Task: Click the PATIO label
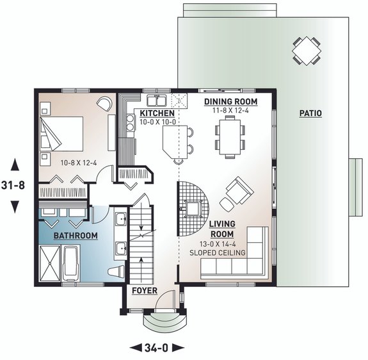[311, 113]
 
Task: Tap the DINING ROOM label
[230, 101]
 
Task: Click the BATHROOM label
[75, 236]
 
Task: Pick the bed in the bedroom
[61, 133]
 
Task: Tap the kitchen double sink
[157, 100]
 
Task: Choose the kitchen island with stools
[172, 142]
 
